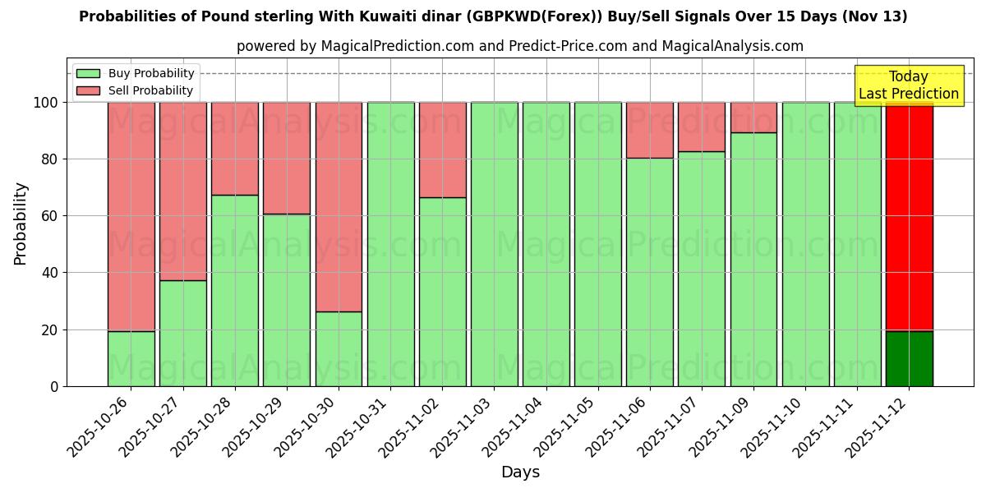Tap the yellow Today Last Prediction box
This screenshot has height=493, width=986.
pyautogui.click(x=908, y=85)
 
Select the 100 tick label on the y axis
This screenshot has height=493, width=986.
pyautogui.click(x=48, y=103)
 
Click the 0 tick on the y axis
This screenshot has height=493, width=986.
pyautogui.click(x=55, y=386)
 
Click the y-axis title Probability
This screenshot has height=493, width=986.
pyautogui.click(x=21, y=223)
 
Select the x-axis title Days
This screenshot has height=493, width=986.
pyautogui.click(x=520, y=472)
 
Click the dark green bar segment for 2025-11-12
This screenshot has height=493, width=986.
pyautogui.click(x=909, y=359)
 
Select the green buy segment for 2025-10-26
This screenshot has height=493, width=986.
pyautogui.click(x=131, y=359)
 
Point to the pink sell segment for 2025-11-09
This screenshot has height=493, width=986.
pyautogui.click(x=753, y=117)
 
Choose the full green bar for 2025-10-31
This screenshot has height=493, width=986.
pyautogui.click(x=390, y=244)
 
